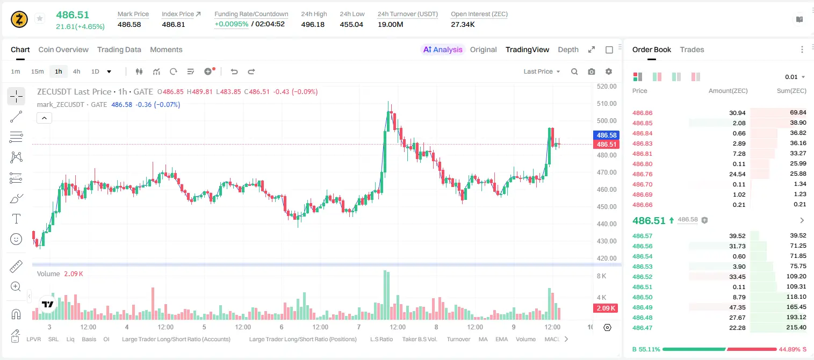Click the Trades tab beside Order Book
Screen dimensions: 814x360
click(692, 49)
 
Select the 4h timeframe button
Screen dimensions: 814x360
click(76, 71)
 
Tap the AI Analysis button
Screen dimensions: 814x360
click(443, 49)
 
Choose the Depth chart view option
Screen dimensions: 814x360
click(568, 49)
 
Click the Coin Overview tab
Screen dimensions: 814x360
click(63, 49)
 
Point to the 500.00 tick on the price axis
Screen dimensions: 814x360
click(607, 120)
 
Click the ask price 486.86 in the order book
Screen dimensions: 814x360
click(642, 113)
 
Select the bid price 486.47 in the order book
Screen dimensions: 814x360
click(642, 328)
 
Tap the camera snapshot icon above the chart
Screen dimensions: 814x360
click(592, 71)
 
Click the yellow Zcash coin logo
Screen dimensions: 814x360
click(19, 19)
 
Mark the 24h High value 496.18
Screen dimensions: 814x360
click(313, 24)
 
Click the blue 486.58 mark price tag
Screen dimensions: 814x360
click(607, 135)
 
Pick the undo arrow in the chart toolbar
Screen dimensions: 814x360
click(234, 71)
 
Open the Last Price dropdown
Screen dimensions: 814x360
click(542, 71)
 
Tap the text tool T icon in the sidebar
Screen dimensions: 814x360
click(16, 219)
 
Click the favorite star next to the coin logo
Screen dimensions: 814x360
click(40, 18)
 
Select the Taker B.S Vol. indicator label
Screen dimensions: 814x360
click(419, 339)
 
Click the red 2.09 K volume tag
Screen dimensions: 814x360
click(606, 308)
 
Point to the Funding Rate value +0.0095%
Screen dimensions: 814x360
click(232, 24)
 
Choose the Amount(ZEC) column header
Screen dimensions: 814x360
click(728, 91)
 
